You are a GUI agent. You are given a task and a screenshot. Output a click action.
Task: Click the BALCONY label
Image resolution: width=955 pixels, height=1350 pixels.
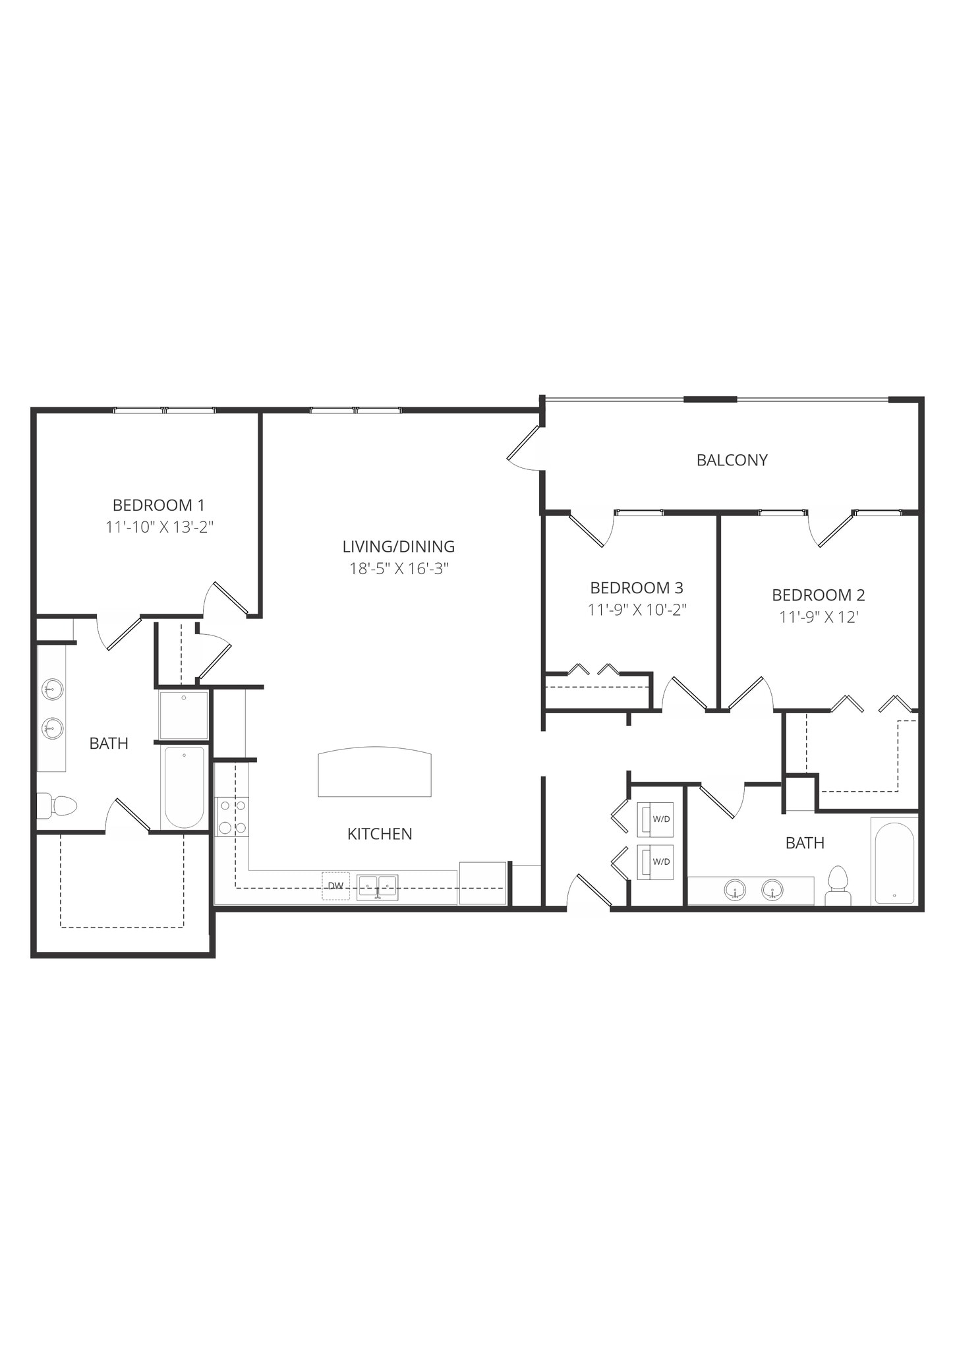click(x=732, y=460)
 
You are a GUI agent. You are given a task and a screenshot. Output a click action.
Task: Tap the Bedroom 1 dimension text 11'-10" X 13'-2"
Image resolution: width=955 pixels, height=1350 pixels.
click(x=159, y=527)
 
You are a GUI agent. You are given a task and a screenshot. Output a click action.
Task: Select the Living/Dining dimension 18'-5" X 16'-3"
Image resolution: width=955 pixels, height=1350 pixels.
click(x=399, y=568)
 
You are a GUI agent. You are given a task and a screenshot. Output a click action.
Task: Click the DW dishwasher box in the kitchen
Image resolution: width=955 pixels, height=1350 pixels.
click(x=335, y=886)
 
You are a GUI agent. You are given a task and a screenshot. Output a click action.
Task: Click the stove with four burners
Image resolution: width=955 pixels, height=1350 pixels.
click(x=231, y=816)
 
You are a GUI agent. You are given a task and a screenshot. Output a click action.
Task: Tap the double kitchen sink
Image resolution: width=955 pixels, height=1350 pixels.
click(x=377, y=887)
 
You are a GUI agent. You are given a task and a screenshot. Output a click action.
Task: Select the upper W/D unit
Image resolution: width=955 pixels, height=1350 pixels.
click(x=656, y=819)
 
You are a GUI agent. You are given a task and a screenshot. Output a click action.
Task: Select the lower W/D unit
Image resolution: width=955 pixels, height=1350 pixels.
click(x=656, y=862)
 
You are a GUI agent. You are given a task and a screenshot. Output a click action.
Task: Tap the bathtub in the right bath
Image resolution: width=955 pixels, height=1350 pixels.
click(x=894, y=862)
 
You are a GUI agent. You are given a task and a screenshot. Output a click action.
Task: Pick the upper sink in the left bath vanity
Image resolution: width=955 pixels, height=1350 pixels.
click(x=51, y=690)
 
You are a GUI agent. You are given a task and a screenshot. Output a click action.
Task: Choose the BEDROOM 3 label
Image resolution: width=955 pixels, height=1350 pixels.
click(x=636, y=587)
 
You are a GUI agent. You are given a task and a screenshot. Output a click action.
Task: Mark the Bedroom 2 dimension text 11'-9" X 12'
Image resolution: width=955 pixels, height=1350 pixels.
click(x=818, y=617)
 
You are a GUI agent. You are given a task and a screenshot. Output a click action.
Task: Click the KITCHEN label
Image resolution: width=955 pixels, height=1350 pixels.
click(x=380, y=834)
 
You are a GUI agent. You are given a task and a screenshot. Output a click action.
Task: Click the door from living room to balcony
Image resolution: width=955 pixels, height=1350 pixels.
click(x=525, y=448)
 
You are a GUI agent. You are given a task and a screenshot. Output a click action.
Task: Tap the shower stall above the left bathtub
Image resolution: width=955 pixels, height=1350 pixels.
click(x=184, y=715)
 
